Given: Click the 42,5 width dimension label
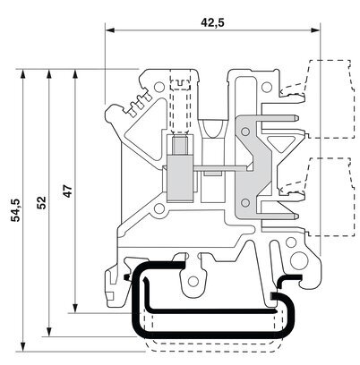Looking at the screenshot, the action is [212, 22].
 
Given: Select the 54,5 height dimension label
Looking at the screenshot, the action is [15, 210].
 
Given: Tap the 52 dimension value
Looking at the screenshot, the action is [41, 202].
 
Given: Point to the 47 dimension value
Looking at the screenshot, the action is [68, 191].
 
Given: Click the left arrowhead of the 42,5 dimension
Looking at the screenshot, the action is [110, 30].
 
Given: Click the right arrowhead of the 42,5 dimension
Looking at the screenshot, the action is [315, 30].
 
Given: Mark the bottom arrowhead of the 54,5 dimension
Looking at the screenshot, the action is [22, 347].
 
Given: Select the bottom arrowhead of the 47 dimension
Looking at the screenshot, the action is [75, 308].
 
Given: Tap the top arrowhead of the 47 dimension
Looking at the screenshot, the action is [75, 74].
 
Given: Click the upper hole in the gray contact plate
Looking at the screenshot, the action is [245, 132].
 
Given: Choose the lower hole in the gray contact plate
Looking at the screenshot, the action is [245, 203].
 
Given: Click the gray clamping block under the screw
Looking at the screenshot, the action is [180, 178].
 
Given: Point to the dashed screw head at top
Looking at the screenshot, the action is [180, 85].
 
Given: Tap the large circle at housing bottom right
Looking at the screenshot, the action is [299, 260].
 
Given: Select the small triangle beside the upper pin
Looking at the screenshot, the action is [279, 142].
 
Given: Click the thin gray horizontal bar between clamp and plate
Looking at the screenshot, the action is [221, 169].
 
